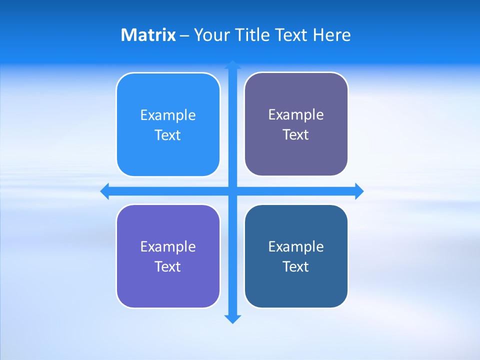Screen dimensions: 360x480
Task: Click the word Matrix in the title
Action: click(148, 35)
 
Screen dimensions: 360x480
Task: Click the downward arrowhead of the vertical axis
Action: click(232, 319)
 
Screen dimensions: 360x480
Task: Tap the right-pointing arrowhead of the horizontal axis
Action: click(359, 191)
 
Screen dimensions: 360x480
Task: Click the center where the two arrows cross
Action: click(232, 191)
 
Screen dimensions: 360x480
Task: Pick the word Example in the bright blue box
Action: click(168, 115)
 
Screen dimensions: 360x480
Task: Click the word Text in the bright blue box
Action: click(168, 135)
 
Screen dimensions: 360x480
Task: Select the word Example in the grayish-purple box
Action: click(296, 114)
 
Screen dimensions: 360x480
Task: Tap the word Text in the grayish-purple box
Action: click(296, 134)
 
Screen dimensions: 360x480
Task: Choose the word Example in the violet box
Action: click(168, 246)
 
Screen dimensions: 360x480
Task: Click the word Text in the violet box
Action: click(168, 266)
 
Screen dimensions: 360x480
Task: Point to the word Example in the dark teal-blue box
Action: click(296, 246)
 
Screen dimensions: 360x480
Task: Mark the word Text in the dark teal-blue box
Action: click(296, 266)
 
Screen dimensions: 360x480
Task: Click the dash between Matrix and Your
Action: click(184, 35)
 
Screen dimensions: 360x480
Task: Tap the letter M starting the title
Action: click(128, 35)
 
